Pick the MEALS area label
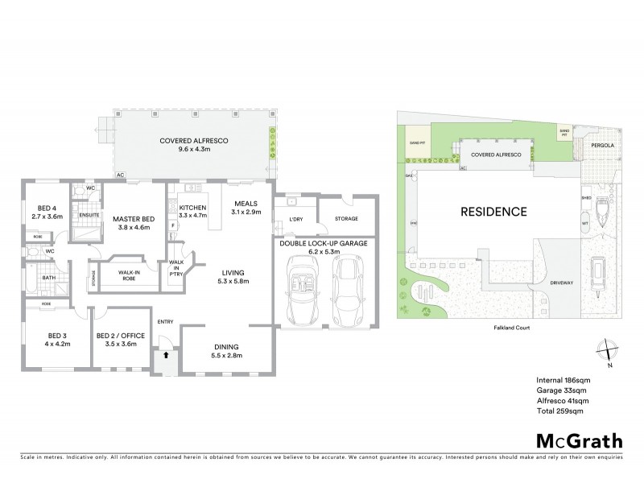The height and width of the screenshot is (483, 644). [x=246, y=203]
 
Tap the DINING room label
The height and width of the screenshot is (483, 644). [x=224, y=347]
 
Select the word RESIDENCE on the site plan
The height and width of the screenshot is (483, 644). [x=493, y=213]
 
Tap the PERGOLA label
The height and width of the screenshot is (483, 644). [x=603, y=146]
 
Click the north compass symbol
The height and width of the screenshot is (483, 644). [x=605, y=352]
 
